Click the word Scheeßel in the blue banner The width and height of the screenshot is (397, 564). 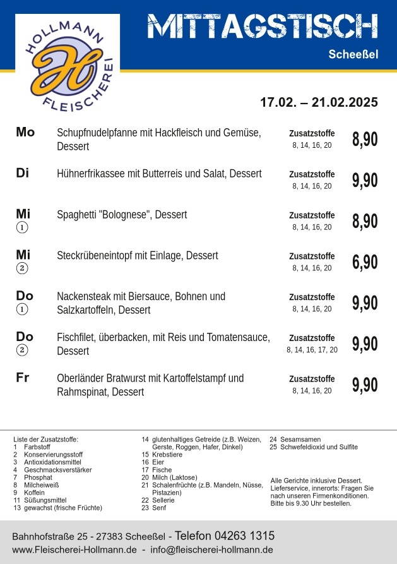coord(353,55)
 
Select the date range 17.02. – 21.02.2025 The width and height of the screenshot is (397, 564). coord(319,102)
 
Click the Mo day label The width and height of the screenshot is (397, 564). coord(25,132)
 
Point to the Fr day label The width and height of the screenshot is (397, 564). coord(23,378)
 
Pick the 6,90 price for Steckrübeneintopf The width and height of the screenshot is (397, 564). coord(365,262)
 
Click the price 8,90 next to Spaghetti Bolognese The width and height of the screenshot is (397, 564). coord(365,221)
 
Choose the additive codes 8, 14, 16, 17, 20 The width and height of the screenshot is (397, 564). coord(312,349)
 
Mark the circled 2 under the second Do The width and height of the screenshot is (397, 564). coord(23,350)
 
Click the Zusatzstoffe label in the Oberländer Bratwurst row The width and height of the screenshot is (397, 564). coord(312,379)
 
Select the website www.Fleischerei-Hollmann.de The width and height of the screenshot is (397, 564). coord(74,550)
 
